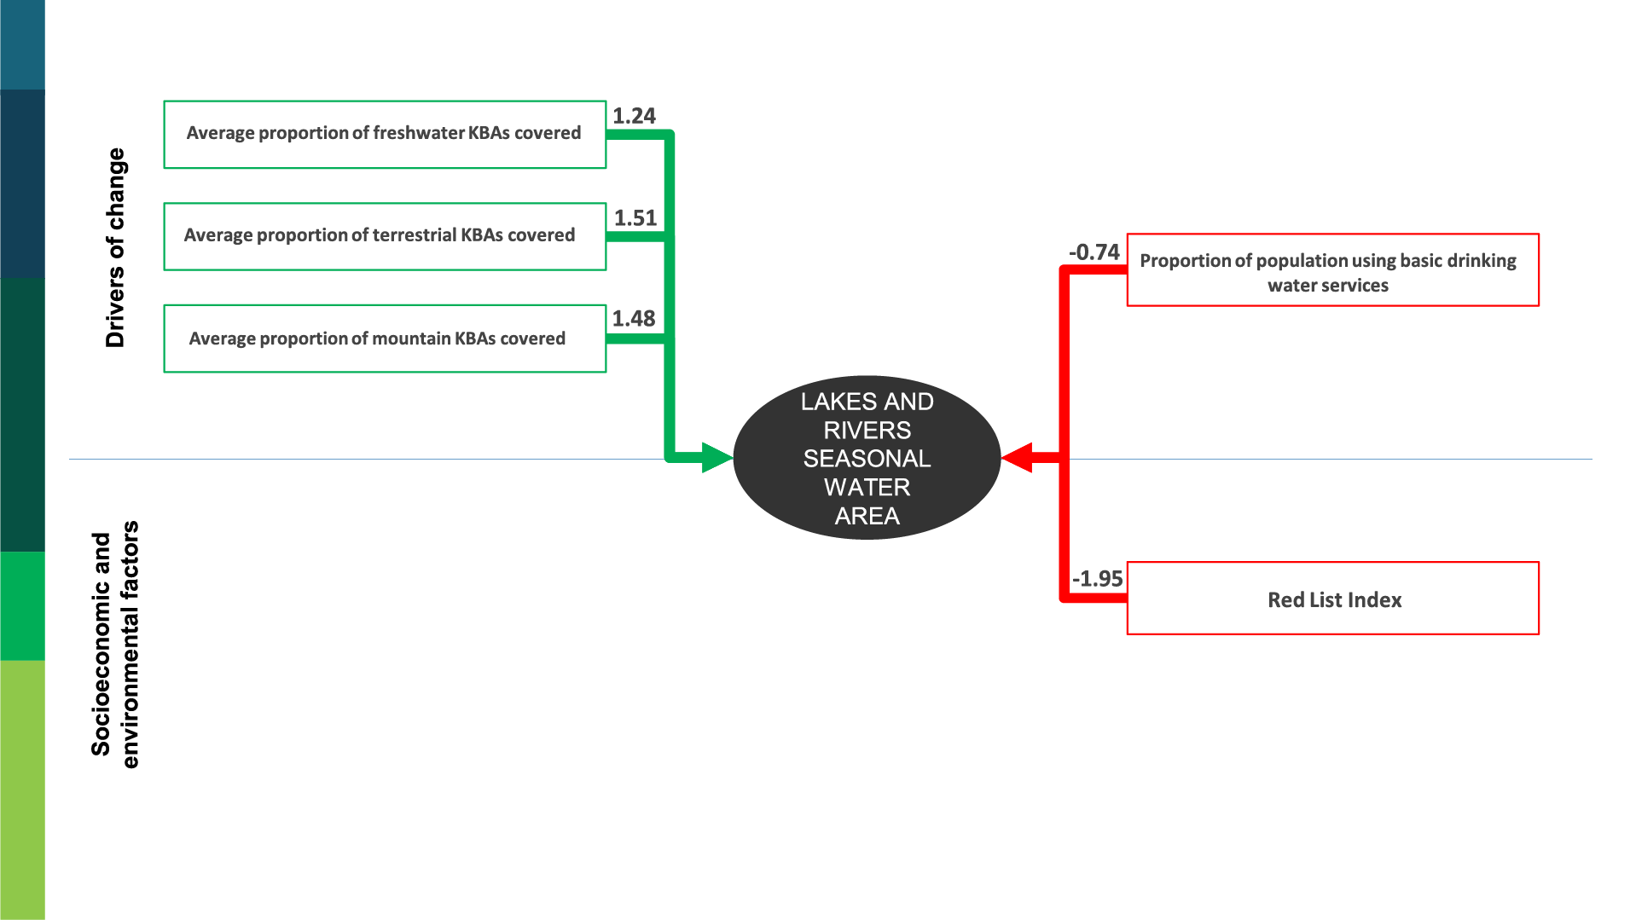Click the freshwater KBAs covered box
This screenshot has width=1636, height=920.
[385, 135]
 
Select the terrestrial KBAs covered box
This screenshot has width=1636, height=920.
[385, 236]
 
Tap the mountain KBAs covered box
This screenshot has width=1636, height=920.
[385, 338]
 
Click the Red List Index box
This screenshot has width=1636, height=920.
[1332, 599]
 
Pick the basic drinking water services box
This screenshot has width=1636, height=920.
[1332, 270]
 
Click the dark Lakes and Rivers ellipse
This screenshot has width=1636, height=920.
[867, 458]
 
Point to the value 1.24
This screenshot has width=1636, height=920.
[634, 116]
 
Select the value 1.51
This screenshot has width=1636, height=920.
[635, 218]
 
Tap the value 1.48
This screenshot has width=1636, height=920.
[633, 319]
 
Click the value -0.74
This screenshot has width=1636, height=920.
[1094, 252]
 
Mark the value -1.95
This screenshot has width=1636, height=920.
[1097, 579]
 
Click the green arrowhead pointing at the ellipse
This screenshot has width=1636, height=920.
[716, 458]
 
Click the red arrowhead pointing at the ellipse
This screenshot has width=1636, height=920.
[1018, 458]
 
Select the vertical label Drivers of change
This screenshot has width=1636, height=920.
[115, 247]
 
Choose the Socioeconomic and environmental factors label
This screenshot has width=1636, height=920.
[114, 645]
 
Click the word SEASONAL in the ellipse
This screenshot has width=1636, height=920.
[867, 459]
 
